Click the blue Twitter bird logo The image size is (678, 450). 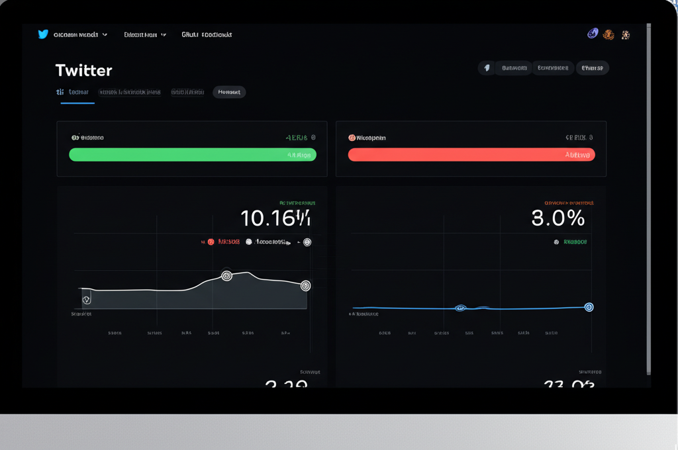pos(43,34)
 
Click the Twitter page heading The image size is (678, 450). pos(83,70)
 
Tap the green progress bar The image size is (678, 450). pos(193,155)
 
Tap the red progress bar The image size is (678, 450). pos(471,155)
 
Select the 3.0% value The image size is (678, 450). pos(558,218)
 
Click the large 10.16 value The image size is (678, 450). pos(275,218)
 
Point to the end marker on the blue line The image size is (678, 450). pos(589,307)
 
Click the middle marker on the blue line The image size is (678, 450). pos(461,308)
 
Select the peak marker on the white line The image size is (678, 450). pos(226,275)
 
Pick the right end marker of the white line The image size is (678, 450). pos(305,286)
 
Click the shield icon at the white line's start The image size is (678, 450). pos(86,300)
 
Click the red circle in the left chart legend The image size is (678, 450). pos(211,242)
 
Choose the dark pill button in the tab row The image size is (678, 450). pos(229,92)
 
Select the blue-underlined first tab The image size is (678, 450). pos(77,93)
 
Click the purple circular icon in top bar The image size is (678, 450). pos(593,34)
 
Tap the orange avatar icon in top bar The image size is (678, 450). pos(608,34)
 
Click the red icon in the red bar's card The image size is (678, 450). pos(352,138)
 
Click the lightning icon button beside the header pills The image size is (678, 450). pos(487,67)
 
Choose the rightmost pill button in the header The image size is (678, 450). pos(592,67)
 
